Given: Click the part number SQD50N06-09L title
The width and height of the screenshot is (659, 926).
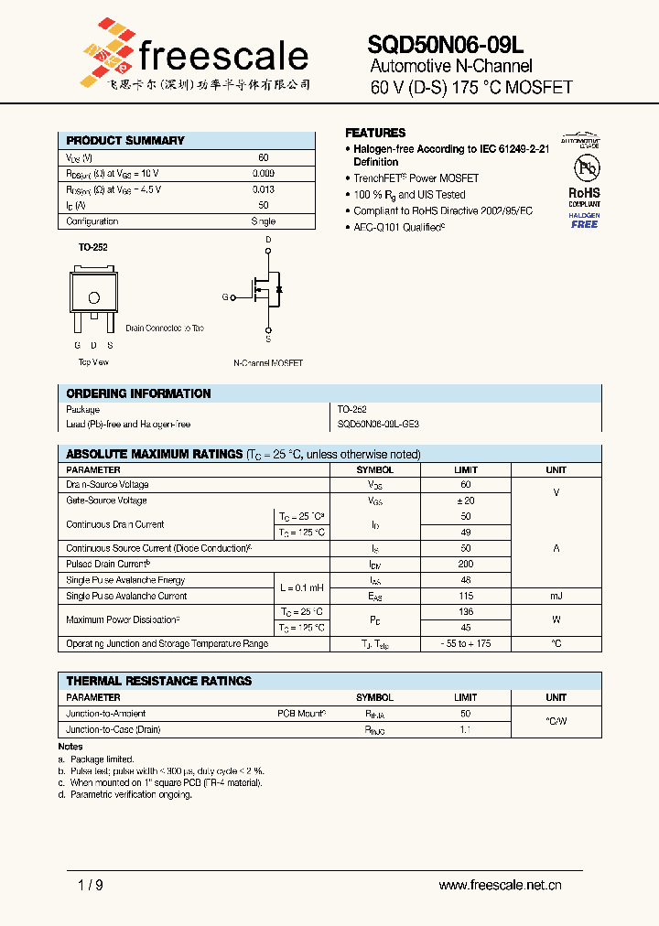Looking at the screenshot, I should coord(446,44).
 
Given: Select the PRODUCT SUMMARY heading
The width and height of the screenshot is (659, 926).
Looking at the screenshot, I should coord(125,141).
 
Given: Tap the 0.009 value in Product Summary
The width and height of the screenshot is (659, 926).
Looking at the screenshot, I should coord(263,173).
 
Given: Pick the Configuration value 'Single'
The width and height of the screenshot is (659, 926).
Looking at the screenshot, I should coord(263,221).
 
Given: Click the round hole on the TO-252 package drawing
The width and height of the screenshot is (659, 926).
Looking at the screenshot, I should coord(93,297).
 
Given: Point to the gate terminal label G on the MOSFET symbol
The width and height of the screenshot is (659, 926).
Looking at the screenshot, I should coord(225,297).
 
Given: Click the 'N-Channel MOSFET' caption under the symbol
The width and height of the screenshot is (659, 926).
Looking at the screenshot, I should coord(268,363).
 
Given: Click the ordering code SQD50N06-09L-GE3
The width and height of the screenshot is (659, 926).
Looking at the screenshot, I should coord(378,425).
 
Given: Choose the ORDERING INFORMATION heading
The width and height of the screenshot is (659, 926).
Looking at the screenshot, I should coord(138,393).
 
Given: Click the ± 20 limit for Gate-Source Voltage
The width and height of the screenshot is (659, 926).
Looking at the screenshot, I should coord(465,501).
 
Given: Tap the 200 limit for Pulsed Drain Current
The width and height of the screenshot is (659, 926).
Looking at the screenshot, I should coord(465,565).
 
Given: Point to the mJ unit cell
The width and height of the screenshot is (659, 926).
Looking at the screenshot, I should coord(556,596).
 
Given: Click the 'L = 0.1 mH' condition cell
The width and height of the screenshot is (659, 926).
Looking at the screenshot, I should coord(302,587).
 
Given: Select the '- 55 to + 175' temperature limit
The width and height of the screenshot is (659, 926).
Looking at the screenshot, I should coord(465,644).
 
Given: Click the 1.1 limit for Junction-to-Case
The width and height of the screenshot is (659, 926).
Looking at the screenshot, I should coord(465,729).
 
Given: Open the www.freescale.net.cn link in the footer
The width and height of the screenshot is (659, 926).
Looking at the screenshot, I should coord(500,885).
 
